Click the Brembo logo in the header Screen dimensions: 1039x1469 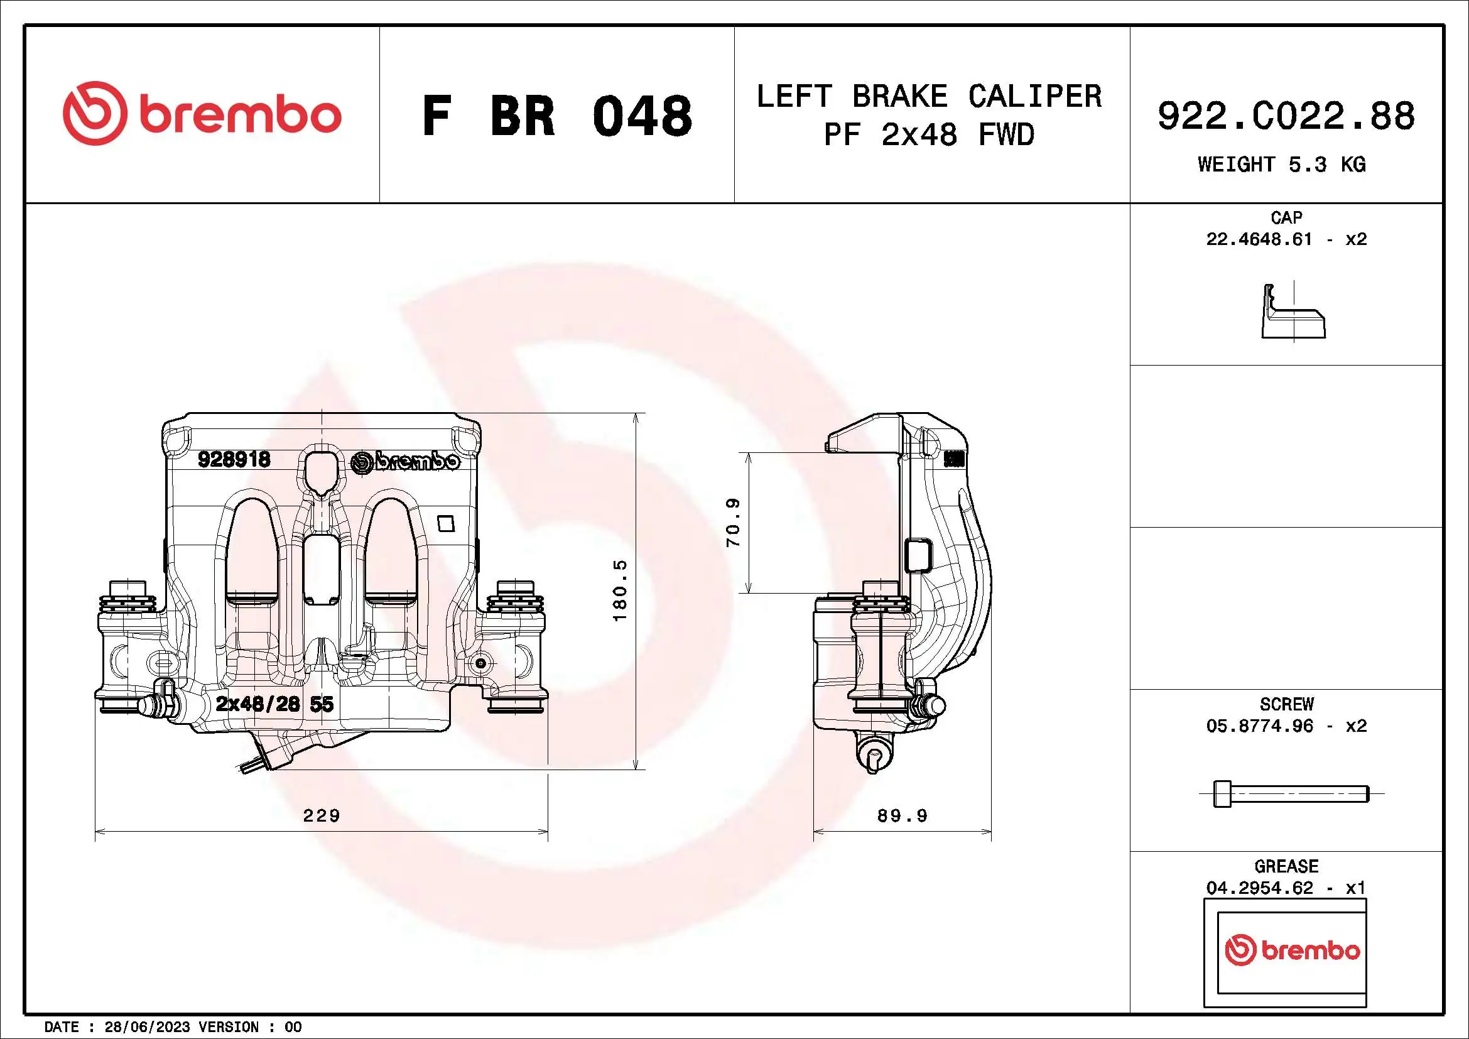click(202, 113)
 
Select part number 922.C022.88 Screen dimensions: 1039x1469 click(1286, 116)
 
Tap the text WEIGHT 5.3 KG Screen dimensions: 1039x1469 click(1282, 165)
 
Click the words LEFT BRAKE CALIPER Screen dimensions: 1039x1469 click(929, 97)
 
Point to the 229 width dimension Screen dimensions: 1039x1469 click(321, 815)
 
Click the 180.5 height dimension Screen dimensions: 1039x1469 click(619, 590)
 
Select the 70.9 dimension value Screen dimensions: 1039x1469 click(733, 522)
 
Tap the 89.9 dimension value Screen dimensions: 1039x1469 click(902, 815)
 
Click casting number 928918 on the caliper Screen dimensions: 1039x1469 click(234, 459)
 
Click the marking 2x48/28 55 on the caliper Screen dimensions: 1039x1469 click(274, 704)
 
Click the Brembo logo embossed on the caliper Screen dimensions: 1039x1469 click(406, 461)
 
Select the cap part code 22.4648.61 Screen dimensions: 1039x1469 click(1259, 239)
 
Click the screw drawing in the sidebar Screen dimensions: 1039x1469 click(1291, 794)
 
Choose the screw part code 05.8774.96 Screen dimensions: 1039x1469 click(1259, 726)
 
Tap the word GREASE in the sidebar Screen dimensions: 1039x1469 click(1286, 866)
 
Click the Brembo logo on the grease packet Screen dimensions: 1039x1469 click(1292, 950)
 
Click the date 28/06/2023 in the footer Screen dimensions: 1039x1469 click(146, 1027)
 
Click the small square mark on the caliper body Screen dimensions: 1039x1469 click(446, 523)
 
